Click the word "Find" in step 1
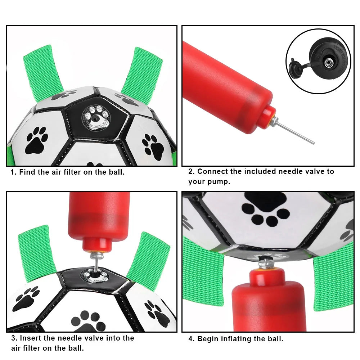pyautogui.click(x=27, y=172)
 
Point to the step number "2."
pyautogui.click(x=192, y=172)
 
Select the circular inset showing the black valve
pyautogui.click(x=318, y=62)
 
